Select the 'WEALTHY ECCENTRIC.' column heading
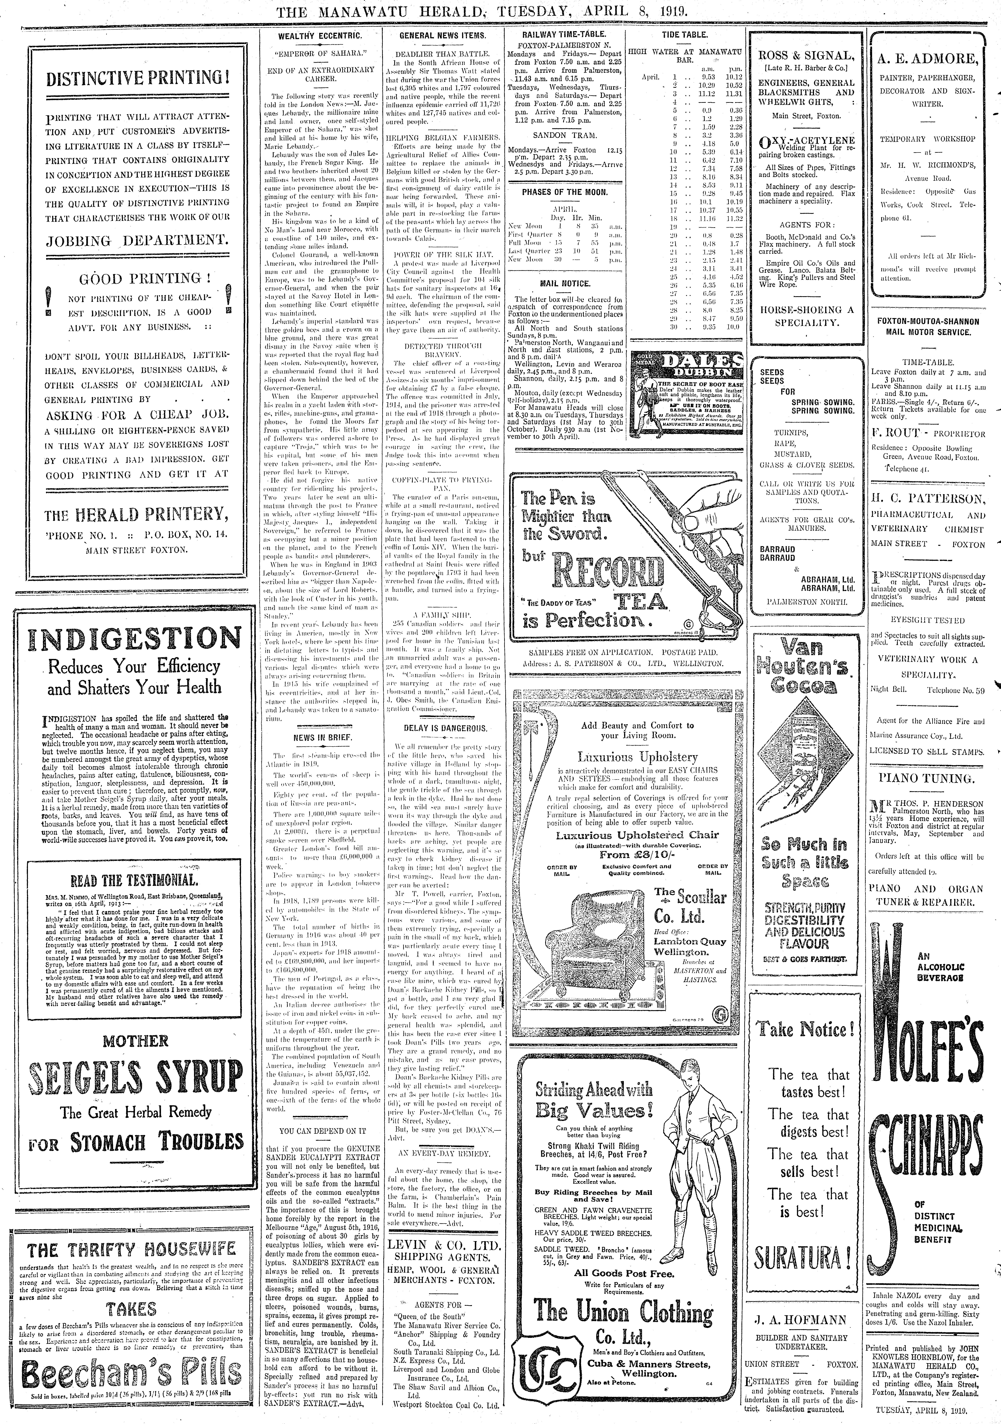[x=320, y=37]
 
